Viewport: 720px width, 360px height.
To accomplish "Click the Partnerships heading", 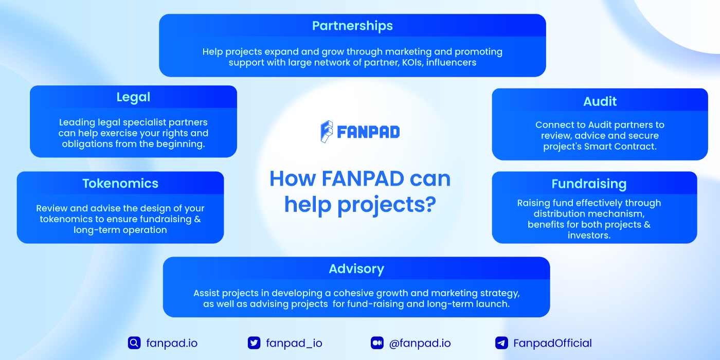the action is [x=352, y=26].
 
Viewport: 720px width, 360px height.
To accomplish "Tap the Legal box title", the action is [x=133, y=97].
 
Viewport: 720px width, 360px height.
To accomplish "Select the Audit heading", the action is [x=600, y=102].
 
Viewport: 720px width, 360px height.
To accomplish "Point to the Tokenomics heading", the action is [x=120, y=184].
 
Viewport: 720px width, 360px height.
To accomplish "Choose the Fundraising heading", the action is [x=589, y=184].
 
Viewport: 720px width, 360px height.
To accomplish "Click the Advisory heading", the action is [x=356, y=269].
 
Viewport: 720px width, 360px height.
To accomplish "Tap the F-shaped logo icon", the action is [x=327, y=132].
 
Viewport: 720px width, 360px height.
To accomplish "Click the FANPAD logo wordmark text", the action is [x=368, y=132].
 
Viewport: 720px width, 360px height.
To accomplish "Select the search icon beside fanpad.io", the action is [x=134, y=343].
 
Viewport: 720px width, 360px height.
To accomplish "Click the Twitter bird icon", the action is [x=254, y=343].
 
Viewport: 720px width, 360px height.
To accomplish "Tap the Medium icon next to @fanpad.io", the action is [x=377, y=343].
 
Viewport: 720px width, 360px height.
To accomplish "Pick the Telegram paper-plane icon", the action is [x=501, y=343].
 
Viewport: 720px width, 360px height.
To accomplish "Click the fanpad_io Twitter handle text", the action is [x=294, y=344].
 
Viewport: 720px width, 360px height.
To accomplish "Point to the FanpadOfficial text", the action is [x=552, y=344].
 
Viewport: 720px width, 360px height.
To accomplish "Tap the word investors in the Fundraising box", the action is [x=589, y=236].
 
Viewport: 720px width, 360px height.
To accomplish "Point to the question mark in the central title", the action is [x=429, y=205].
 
